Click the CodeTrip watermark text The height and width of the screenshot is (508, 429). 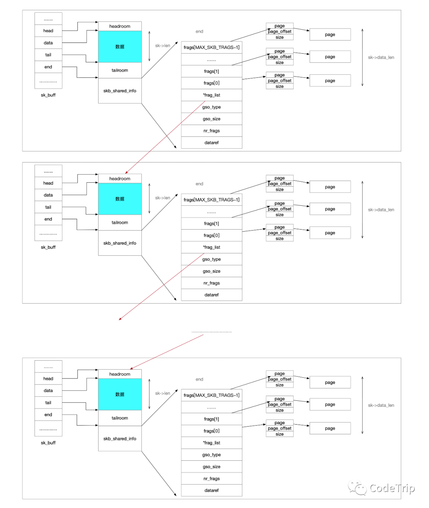[392, 488]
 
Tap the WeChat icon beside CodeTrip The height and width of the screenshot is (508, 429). [357, 488]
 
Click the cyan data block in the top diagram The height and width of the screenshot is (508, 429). [120, 46]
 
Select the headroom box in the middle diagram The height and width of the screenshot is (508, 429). [120, 179]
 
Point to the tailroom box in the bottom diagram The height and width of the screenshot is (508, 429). [120, 418]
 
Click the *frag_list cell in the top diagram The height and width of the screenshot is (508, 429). [211, 95]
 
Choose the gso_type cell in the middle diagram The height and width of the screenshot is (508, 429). [211, 259]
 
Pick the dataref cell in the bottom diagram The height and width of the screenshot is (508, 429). [211, 490]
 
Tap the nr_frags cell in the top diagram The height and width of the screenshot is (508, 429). [211, 131]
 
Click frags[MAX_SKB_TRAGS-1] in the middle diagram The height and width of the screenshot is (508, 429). [211, 200]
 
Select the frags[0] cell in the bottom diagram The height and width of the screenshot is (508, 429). [211, 431]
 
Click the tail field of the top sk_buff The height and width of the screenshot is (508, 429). [48, 55]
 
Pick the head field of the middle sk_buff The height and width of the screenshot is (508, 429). [48, 183]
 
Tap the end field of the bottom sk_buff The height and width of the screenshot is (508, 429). [48, 415]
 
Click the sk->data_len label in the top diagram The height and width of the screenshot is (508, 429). [381, 57]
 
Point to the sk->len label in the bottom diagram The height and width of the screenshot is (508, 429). [162, 393]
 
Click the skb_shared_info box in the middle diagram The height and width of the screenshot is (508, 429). [120, 243]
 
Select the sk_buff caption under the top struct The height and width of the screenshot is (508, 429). [48, 95]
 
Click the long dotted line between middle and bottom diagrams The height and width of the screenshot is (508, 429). [211, 332]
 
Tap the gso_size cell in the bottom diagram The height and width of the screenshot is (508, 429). [211, 467]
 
